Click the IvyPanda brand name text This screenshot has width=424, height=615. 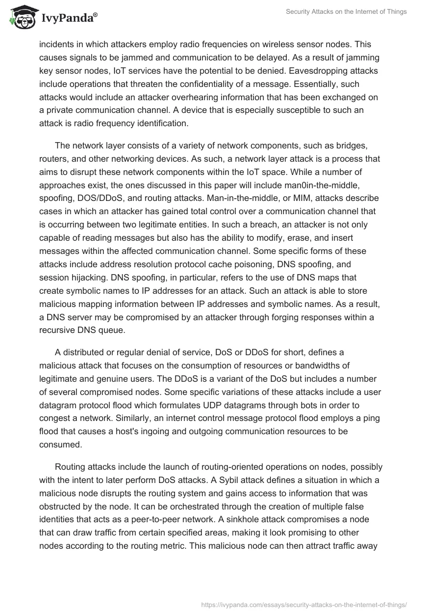click(69, 18)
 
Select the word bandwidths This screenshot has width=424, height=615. click(332, 365)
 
